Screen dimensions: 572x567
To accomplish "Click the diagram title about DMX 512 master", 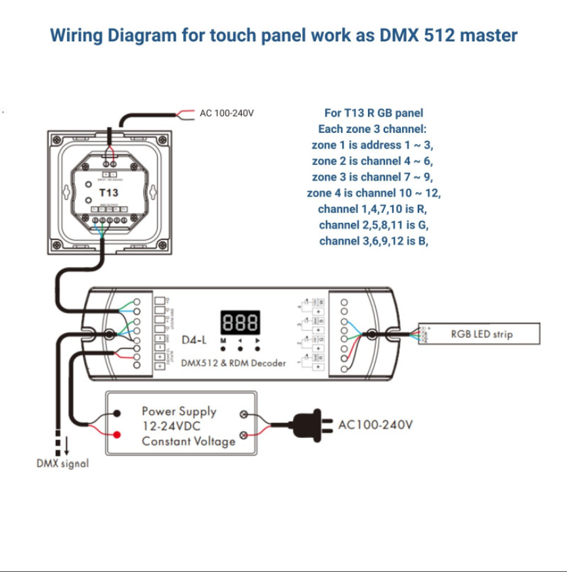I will (283, 36).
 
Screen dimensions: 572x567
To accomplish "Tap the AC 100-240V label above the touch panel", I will (226, 114).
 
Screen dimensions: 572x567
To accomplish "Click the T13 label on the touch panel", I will (108, 193).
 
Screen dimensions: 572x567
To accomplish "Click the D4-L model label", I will (194, 340).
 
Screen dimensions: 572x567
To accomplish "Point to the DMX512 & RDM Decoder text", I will (233, 363).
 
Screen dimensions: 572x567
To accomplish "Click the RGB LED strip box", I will (482, 334).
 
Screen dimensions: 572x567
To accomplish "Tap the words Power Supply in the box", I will (179, 412).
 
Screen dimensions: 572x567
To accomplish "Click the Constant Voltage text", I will (188, 441).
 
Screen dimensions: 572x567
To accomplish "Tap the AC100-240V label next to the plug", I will (375, 425).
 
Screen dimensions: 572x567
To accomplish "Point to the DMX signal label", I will (62, 464).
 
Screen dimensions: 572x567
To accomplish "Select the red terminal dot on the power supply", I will (117, 435).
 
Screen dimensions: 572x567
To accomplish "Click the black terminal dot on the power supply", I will (117, 414).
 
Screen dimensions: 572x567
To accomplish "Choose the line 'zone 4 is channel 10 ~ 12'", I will (373, 193).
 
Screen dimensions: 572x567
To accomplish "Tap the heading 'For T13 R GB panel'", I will (373, 113).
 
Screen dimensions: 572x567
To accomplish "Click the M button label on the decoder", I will (223, 341).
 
